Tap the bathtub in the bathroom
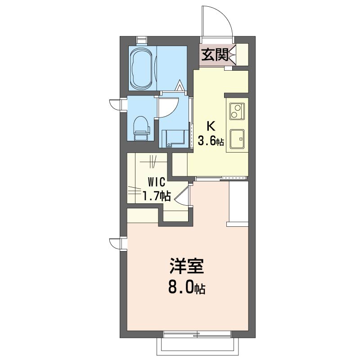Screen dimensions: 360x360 (x=142, y=68)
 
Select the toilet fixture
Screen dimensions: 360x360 (x=141, y=129)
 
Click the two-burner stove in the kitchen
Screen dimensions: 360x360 (x=237, y=111)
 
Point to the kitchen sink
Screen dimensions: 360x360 (x=237, y=139)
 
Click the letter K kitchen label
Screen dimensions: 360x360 (x=211, y=126)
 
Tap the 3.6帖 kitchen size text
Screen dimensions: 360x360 (x=211, y=140)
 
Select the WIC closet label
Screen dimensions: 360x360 (x=157, y=182)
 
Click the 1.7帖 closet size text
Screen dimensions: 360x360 (x=157, y=196)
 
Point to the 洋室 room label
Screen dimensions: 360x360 (x=187, y=266)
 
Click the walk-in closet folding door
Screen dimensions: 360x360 (x=182, y=195)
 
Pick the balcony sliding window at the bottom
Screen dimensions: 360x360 (x=197, y=334)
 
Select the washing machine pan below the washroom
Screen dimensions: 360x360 (x=173, y=138)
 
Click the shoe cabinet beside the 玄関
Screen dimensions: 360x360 (x=242, y=54)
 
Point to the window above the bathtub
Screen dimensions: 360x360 (x=141, y=40)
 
